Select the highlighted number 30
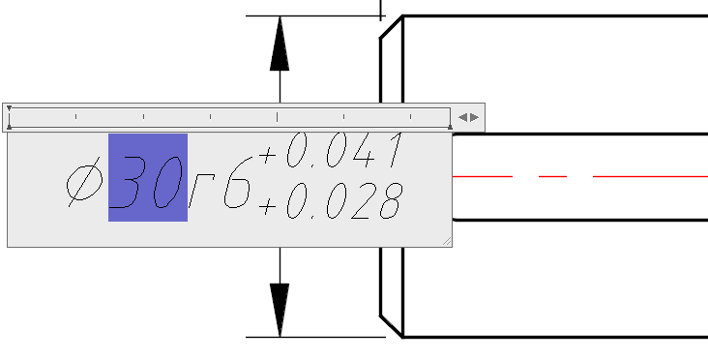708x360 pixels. [x=148, y=177]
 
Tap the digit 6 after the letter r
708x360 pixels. [x=237, y=182]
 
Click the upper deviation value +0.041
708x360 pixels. [x=331, y=150]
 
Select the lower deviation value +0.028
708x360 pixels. [x=331, y=201]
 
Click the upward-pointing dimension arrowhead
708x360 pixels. [x=280, y=44]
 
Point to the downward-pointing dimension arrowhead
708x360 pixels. [x=280, y=310]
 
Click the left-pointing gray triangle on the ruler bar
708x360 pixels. [x=462, y=117]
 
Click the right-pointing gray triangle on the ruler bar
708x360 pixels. [x=474, y=117]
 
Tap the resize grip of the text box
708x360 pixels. [x=447, y=242]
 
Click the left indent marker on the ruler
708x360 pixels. [x=9, y=117]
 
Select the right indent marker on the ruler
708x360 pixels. [x=450, y=128]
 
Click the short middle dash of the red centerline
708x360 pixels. [x=552, y=176]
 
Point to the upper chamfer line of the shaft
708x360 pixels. [x=391, y=27]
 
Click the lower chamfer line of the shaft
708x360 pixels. [x=391, y=326]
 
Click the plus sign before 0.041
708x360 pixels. [x=267, y=156]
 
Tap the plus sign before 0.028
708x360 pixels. [x=267, y=207]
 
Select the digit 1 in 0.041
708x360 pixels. [x=395, y=150]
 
